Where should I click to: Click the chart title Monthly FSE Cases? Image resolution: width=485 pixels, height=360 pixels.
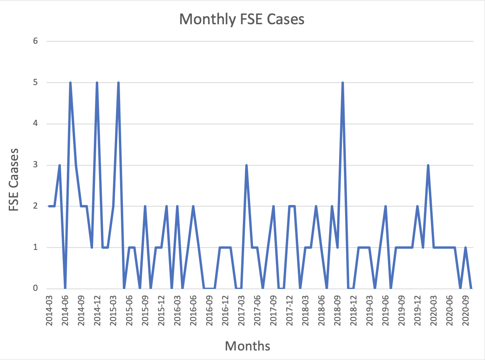[242, 19]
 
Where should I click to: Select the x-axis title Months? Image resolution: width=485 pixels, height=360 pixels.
[247, 346]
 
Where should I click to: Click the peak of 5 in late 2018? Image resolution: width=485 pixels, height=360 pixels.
[343, 83]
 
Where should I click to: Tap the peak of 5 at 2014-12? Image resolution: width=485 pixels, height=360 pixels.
[97, 83]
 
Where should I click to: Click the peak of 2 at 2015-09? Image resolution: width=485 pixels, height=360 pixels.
[145, 206]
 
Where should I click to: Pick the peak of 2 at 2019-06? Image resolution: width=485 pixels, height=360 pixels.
[385, 206]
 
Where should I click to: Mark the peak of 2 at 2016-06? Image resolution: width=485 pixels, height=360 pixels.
[193, 206]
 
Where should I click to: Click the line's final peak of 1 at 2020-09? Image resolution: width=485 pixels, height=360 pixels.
[466, 248]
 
